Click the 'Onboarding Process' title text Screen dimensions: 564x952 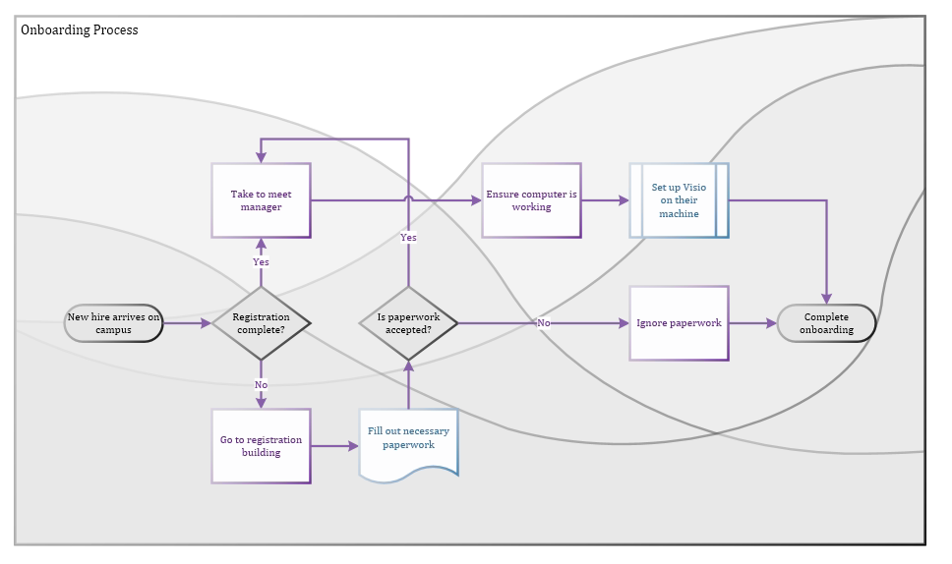80,30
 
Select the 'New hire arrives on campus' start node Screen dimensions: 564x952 113,323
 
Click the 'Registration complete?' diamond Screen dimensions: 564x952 261,323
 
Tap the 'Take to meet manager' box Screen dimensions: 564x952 261,200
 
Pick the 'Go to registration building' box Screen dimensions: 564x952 261,446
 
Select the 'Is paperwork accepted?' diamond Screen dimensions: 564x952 408,323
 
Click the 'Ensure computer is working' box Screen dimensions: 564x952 531,200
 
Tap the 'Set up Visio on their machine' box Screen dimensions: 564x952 679,200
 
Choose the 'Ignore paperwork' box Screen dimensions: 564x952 679,323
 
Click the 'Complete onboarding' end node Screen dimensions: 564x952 826,323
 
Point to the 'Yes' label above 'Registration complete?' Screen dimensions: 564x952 261,262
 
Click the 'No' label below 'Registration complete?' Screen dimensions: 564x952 261,385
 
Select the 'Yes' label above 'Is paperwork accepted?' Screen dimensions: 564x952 408,238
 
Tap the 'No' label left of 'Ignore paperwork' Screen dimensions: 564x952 543,323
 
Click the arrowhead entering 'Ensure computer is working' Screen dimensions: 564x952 476,200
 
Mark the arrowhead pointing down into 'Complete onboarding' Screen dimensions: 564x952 826,299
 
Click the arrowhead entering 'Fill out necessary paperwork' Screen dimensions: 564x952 353,446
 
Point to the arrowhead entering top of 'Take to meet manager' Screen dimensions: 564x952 261,157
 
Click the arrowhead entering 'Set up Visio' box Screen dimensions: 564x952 624,200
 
